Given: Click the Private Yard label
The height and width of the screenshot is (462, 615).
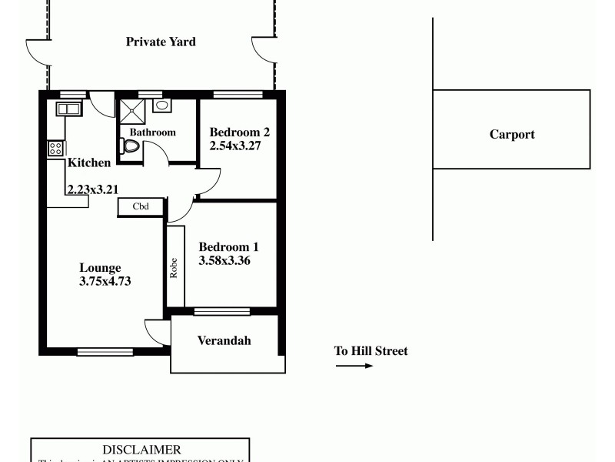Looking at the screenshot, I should tap(161, 42).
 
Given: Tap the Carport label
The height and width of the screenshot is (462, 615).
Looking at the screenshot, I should tap(512, 135).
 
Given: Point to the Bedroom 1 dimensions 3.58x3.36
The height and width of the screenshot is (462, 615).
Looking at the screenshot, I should tap(225, 260).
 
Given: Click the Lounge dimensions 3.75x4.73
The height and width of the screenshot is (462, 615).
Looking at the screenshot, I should tap(105, 281).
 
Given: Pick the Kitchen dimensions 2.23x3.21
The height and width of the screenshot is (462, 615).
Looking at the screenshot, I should tap(92, 189).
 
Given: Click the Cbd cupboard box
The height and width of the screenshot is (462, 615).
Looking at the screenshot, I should tap(141, 206).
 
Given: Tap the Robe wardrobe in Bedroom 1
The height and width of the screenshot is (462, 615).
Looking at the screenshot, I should tap(175, 267).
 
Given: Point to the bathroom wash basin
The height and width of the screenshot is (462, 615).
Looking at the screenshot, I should tap(161, 105).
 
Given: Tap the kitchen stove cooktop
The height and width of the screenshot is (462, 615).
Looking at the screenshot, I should tap(55, 148).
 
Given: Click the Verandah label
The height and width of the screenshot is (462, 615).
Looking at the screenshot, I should tap(224, 341).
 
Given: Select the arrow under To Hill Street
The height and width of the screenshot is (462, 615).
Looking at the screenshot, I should tap(354, 366).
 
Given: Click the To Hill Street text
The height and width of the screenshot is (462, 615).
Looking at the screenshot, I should tap(371, 351).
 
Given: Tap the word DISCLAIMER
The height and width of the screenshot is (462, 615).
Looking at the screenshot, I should tap(141, 450).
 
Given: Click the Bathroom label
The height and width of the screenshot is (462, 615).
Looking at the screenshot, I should tap(152, 132).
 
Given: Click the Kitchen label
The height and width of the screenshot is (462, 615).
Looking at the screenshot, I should tap(89, 162).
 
